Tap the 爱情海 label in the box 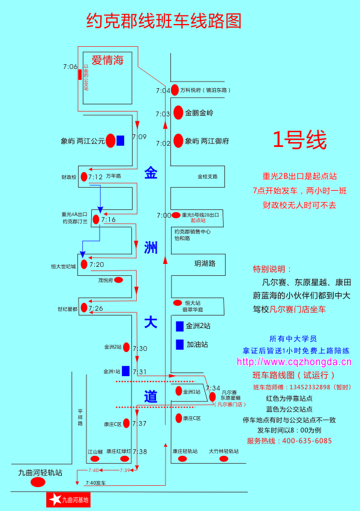107,60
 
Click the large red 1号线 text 299,140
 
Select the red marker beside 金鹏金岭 178,112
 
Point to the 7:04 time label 163,91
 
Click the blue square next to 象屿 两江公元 121,140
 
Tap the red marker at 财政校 83,177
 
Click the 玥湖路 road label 205,263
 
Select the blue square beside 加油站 179,345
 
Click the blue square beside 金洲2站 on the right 179,326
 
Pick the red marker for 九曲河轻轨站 38,482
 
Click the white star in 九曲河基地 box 55,499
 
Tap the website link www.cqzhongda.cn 294,362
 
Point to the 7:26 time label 96,308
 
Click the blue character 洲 151,247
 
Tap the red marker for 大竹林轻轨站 224,459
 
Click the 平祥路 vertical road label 80,418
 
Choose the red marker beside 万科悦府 175,90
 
